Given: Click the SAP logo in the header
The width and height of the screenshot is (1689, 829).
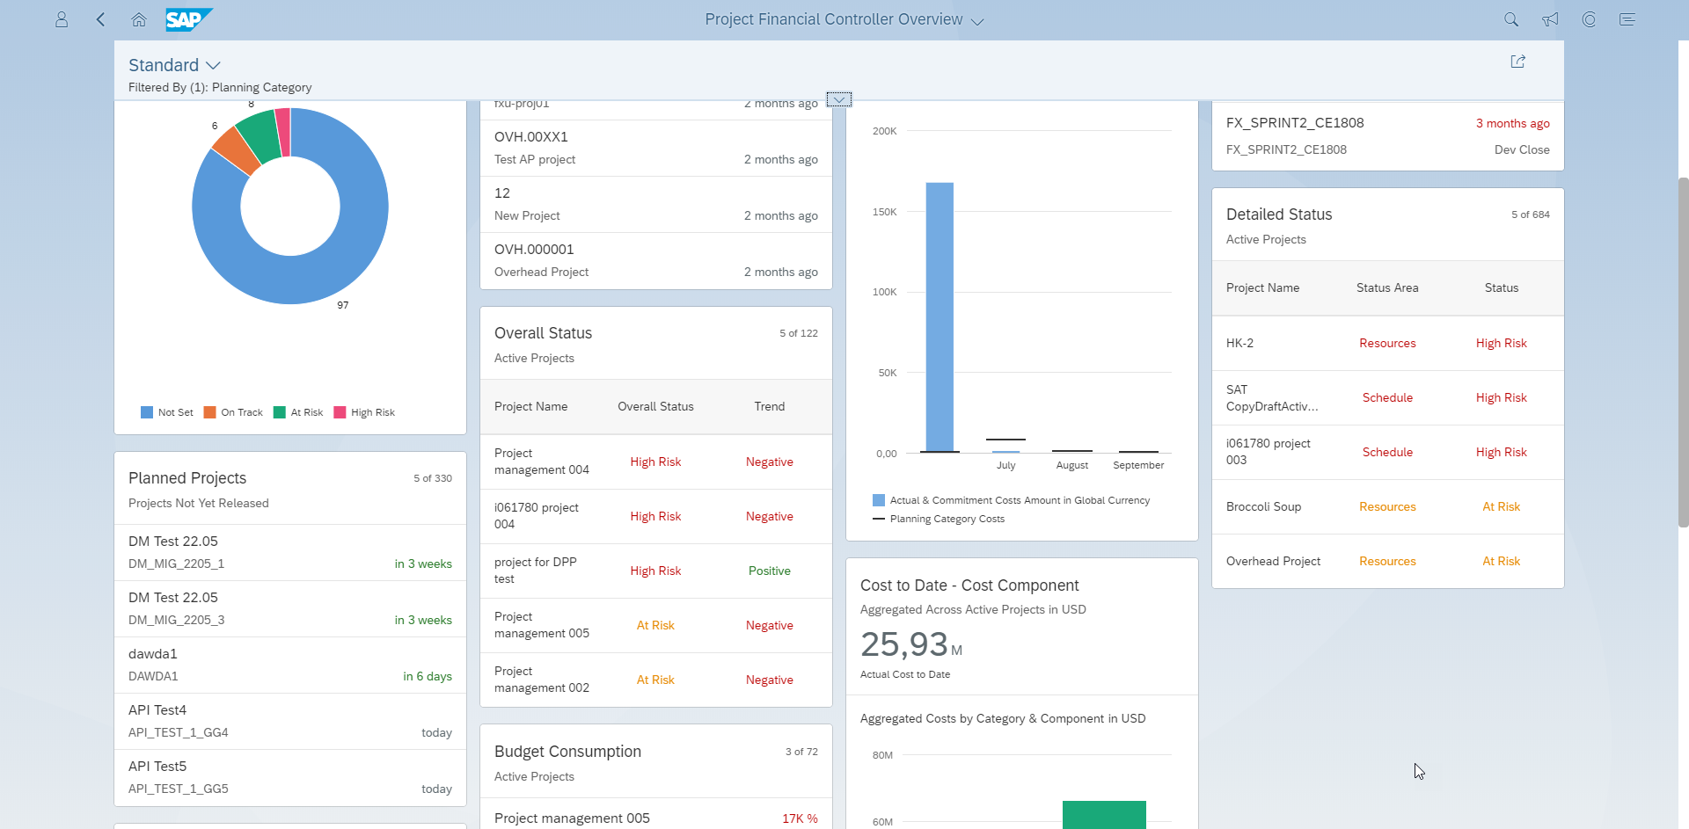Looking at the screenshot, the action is tap(188, 19).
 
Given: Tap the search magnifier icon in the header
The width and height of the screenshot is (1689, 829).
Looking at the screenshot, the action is tap(1511, 19).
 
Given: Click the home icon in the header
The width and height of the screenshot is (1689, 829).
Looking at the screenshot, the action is tap(139, 19).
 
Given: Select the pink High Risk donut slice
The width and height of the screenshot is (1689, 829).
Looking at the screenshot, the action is tap(283, 132).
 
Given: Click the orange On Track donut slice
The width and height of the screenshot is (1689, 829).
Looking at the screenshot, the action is tap(237, 151).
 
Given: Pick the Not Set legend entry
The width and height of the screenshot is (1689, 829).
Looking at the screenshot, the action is tap(167, 412).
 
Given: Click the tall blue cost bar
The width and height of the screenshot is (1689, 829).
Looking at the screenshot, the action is tap(940, 317).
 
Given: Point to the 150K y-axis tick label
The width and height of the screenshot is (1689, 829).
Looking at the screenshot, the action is tap(884, 212).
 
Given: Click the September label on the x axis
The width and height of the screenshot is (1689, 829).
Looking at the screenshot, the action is tap(1138, 465).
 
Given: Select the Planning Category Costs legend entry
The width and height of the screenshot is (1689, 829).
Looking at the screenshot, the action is tap(939, 519).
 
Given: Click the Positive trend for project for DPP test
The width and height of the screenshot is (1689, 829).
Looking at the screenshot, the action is tap(770, 571).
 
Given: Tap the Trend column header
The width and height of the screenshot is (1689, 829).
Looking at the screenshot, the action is tap(770, 406).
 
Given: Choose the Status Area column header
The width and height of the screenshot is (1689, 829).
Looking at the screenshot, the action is tap(1387, 287).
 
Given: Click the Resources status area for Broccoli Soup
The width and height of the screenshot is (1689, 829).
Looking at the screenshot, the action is tap(1387, 506).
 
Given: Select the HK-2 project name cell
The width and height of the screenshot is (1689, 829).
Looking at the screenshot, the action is tap(1239, 343).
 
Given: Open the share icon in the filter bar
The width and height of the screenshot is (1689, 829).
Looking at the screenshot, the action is tap(1517, 62).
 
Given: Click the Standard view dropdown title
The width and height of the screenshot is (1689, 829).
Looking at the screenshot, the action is tap(174, 65).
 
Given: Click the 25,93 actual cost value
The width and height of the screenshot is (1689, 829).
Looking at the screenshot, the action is tap(903, 644).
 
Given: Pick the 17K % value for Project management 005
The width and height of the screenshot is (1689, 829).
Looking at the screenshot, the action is tap(800, 818).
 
